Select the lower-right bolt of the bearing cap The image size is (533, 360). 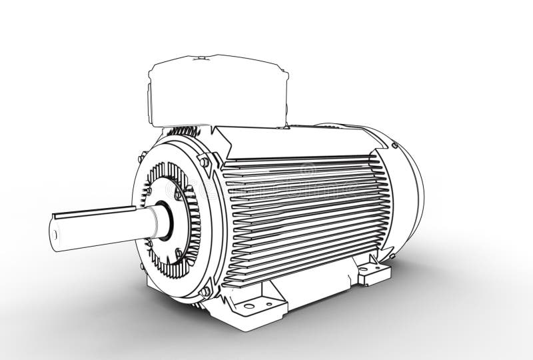pos(179,253)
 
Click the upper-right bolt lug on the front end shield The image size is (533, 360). pos(205,162)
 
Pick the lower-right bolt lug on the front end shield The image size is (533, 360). pos(205,291)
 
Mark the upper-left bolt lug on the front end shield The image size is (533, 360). pos(142,157)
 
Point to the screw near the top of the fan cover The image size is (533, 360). pos(394,145)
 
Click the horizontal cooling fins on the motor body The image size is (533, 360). pos(300,213)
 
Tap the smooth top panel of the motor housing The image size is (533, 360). pos(293,143)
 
